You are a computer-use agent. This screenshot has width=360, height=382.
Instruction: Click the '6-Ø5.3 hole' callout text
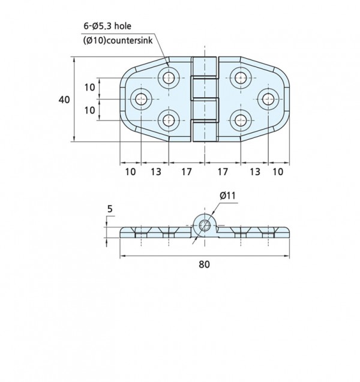point(107,26)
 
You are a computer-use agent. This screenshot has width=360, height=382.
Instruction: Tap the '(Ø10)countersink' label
point(118,40)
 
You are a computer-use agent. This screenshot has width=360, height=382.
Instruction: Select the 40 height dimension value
point(64,100)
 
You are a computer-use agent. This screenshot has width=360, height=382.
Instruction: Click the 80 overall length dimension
point(204,264)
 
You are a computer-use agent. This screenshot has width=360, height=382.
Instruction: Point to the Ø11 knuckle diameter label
point(227,195)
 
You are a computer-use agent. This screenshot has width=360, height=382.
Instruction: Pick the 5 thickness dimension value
point(110,209)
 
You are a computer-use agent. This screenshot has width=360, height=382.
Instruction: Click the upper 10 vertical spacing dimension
point(89,87)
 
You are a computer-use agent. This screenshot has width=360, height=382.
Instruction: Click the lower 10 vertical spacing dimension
point(89,110)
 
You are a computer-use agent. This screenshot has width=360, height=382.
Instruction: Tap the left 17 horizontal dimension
point(187,172)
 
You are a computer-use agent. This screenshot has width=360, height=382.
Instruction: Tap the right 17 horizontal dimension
point(222,172)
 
